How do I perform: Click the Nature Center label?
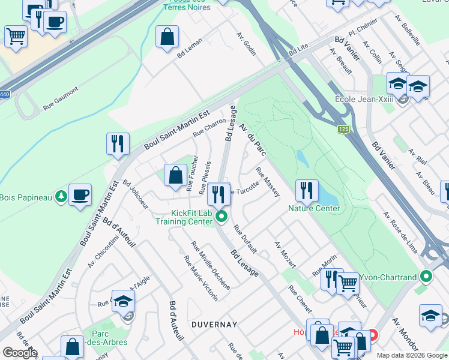coord(314,208)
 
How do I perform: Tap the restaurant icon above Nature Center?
coord(307,190)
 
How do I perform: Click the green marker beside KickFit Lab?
coord(221,217)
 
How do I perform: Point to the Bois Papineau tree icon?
coord(61,196)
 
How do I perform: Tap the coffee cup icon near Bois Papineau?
coord(80,195)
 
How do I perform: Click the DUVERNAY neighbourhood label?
coord(214,324)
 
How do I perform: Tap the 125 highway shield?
coord(343,129)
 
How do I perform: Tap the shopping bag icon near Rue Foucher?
coord(176,176)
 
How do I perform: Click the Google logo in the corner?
coord(19,353)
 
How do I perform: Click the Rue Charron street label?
coord(209,127)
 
